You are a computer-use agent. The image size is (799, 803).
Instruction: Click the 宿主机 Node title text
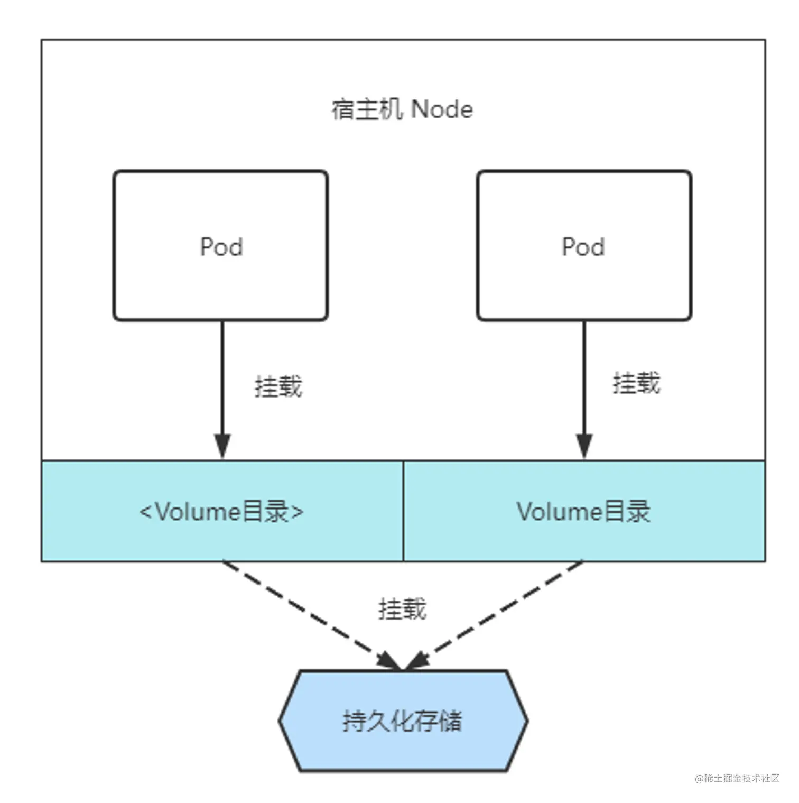point(402,109)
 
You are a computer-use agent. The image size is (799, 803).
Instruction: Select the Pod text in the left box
point(221,247)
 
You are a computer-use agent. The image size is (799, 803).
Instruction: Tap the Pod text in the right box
point(583,247)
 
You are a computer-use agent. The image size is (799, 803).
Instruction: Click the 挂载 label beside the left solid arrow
point(278,386)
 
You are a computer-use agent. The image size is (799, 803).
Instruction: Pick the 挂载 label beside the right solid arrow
point(636,383)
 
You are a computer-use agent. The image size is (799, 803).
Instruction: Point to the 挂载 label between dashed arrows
point(402,608)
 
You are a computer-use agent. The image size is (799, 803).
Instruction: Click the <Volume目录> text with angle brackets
point(221,512)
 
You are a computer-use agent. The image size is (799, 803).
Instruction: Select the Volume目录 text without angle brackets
point(583,512)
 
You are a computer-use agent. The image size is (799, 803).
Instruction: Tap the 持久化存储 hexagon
point(403,721)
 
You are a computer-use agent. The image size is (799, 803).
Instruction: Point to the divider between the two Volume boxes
point(403,511)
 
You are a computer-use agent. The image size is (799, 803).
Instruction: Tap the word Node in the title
point(442,109)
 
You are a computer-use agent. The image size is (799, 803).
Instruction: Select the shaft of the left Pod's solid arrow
point(222,375)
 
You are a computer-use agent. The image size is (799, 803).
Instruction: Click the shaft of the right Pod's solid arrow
point(584,375)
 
